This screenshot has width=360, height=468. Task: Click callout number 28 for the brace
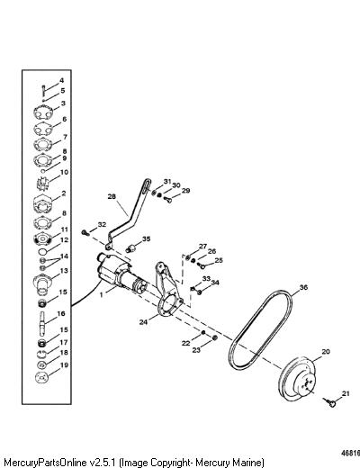112,196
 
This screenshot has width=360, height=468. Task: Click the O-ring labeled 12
42,250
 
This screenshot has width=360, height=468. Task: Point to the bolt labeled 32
85,232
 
